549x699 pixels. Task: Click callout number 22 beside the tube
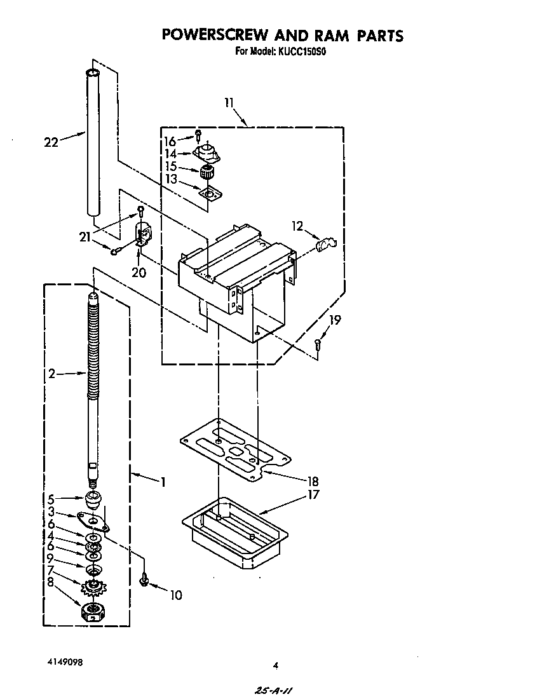point(51,142)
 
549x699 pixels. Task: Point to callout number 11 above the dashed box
point(229,102)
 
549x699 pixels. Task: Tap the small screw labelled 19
point(318,344)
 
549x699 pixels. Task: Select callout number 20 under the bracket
point(139,273)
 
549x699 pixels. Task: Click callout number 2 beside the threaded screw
point(51,374)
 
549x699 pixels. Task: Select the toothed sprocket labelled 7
point(93,586)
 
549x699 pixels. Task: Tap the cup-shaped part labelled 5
point(93,498)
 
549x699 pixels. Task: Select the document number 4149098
point(64,661)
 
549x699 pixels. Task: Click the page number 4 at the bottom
point(275,665)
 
